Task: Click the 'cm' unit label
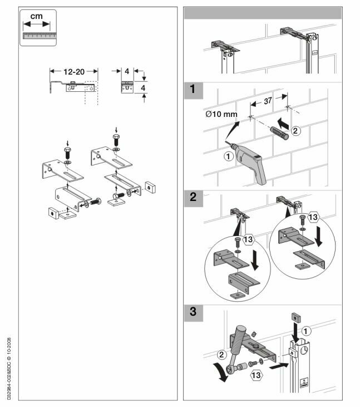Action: tap(36, 16)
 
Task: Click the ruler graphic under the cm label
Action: tap(39, 36)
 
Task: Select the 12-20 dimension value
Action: tap(74, 72)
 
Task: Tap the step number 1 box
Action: tap(193, 90)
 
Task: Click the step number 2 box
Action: tap(193, 198)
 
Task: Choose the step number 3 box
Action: tap(193, 313)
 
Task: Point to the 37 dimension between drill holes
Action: tap(268, 101)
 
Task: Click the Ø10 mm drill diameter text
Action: tap(221, 114)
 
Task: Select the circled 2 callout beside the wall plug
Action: tap(295, 130)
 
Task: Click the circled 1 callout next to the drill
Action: tap(228, 156)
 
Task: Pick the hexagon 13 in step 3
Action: tap(256, 375)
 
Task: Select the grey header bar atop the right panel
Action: tap(263, 13)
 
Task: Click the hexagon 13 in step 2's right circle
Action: tap(313, 217)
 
